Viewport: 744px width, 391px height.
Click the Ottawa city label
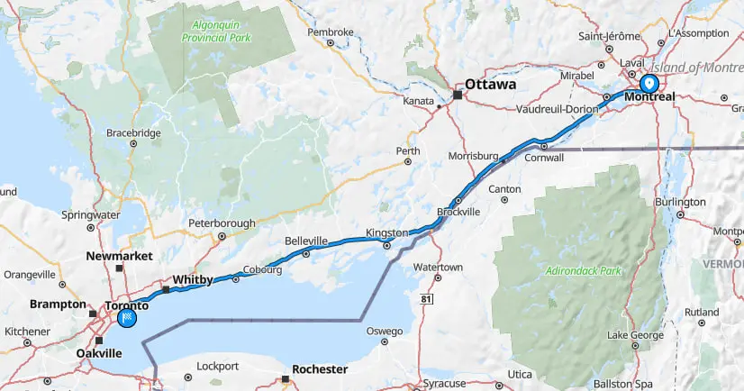click(491, 84)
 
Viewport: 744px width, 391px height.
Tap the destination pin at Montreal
click(649, 84)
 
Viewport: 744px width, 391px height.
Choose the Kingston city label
click(386, 233)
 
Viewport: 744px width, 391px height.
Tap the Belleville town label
click(305, 241)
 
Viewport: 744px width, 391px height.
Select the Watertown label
click(438, 268)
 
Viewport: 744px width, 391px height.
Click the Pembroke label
click(331, 32)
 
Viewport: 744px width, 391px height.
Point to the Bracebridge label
click(133, 132)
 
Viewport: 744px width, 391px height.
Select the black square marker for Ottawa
click(458, 95)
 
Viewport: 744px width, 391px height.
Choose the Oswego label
click(385, 331)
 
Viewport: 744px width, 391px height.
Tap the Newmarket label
click(117, 256)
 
